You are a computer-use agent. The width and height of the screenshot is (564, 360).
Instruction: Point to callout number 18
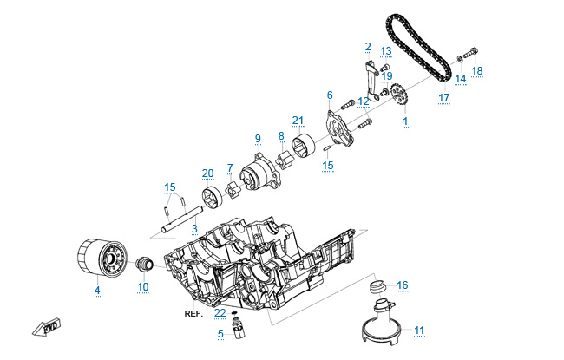(x=477, y=69)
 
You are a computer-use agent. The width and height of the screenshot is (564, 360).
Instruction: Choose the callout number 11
(x=419, y=330)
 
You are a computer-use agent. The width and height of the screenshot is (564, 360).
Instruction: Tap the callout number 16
(x=402, y=285)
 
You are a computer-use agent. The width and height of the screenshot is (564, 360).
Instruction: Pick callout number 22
(x=220, y=312)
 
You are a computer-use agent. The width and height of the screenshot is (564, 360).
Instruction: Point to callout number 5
(x=220, y=333)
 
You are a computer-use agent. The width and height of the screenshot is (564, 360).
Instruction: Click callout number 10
(x=143, y=286)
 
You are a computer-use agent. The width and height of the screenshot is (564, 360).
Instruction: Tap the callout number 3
(x=194, y=228)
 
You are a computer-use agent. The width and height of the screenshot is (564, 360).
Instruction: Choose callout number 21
(x=298, y=120)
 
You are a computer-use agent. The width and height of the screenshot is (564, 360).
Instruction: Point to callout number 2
(x=368, y=46)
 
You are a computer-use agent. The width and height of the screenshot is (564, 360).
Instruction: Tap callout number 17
(x=443, y=98)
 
